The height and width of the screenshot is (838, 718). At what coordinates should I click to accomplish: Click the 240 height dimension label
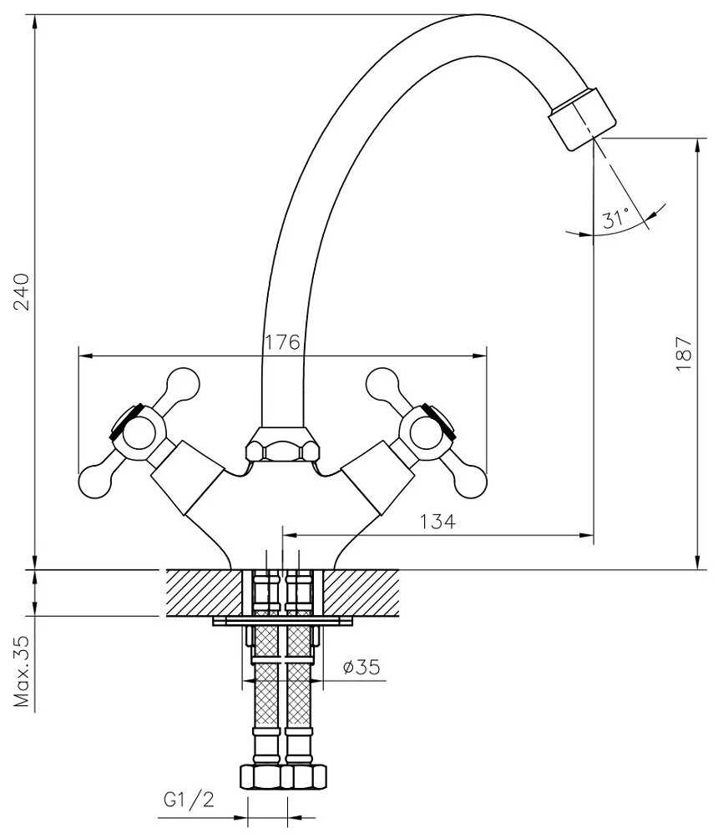tap(23, 292)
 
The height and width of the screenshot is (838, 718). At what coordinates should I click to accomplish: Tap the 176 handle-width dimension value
tap(283, 342)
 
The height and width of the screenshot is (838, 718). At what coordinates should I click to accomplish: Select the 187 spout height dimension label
tap(684, 354)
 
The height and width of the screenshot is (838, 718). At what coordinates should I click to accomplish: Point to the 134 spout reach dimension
tap(437, 521)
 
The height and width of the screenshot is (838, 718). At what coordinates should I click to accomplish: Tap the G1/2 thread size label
tap(189, 800)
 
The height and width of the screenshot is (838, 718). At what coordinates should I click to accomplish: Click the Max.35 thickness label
tap(23, 671)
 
